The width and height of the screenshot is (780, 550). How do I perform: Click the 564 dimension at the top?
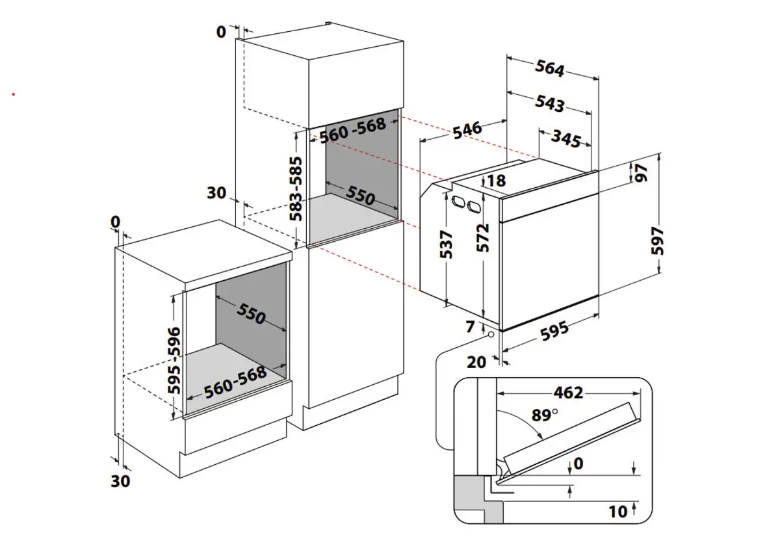pos(550,68)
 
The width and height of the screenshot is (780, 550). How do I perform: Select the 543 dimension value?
pos(550,103)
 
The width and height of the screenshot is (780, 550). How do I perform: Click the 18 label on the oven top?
pos(496,181)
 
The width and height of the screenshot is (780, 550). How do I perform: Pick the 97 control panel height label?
pos(642,173)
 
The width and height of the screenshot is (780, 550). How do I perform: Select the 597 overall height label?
pos(658,241)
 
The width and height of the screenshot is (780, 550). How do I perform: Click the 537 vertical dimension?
pos(446,244)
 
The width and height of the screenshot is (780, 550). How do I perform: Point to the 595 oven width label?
pos(554,331)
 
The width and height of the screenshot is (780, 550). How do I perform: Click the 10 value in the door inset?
pos(617,512)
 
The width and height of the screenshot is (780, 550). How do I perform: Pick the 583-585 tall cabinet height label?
pos(296,189)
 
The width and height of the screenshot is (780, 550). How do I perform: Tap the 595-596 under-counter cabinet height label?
pos(174,360)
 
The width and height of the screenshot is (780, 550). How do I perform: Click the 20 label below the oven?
pos(476,362)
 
